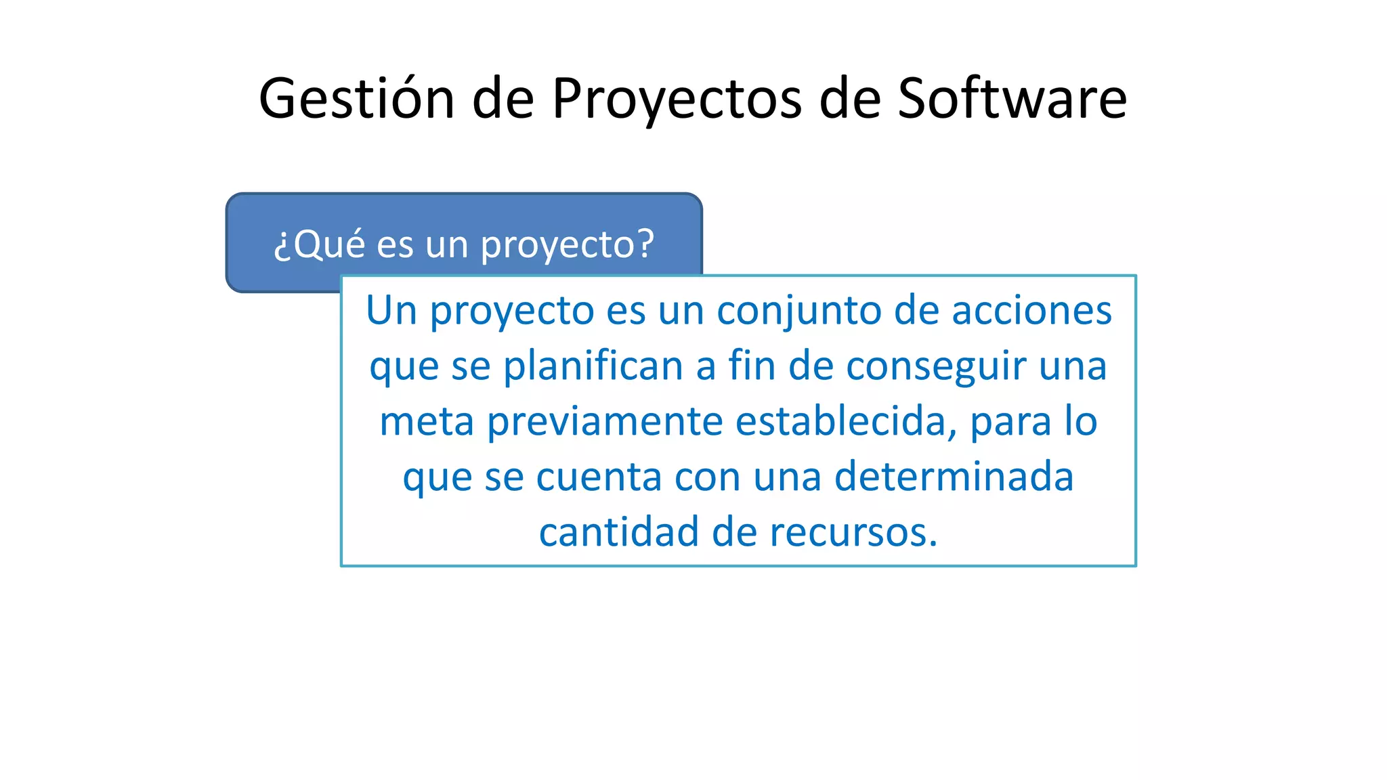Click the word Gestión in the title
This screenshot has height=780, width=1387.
click(356, 99)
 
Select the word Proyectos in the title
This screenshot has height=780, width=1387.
click(677, 99)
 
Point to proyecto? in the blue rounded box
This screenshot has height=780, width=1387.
click(567, 245)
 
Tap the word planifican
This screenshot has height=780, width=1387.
click(593, 366)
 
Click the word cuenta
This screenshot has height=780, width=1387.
click(599, 477)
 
